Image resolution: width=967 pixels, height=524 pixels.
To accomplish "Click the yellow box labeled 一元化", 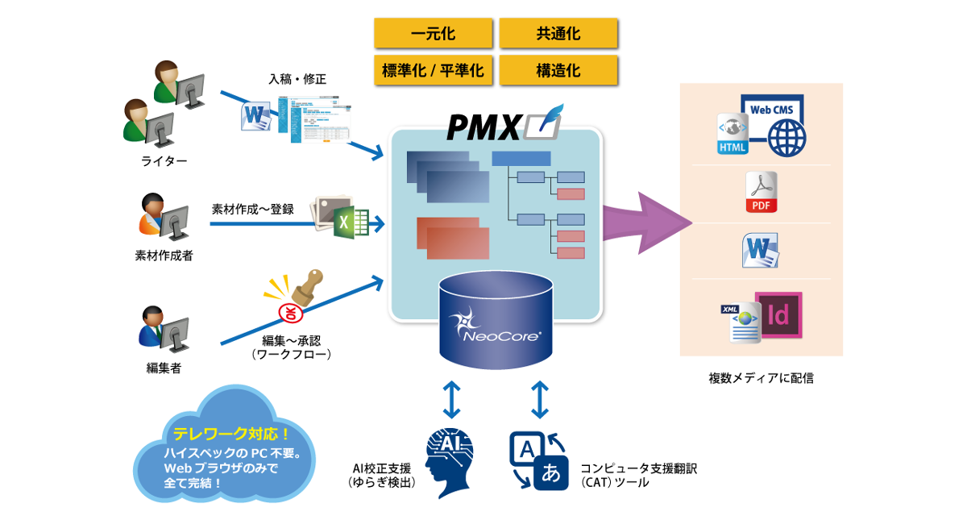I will [433, 34].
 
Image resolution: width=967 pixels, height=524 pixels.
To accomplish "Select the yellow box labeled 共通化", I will [558, 34].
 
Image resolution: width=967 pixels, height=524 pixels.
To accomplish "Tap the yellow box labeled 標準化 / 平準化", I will [433, 71].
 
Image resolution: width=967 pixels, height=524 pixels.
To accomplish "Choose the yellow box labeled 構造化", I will [558, 71].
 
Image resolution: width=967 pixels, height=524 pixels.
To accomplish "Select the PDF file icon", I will [760, 193].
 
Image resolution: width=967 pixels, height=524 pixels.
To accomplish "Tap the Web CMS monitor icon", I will [773, 125].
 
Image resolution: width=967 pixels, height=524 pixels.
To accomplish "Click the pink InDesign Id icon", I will [778, 315].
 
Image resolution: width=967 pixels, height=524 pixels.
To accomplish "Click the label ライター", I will [164, 161].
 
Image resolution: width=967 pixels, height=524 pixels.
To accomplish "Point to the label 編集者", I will [164, 368].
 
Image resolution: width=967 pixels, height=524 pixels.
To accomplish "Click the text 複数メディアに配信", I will [761, 377].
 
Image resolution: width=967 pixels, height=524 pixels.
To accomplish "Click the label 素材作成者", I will [164, 256].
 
